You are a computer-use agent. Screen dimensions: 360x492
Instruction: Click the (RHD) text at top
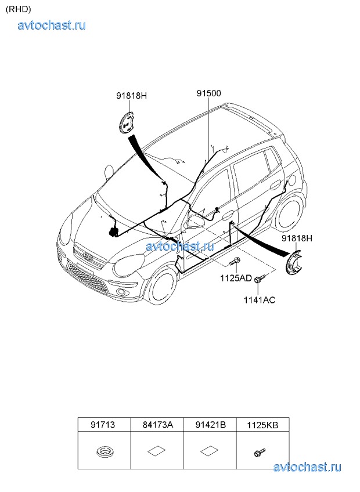click(x=18, y=9)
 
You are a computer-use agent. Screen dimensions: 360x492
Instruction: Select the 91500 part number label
click(x=209, y=93)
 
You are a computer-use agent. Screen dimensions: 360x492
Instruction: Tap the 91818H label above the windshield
click(x=131, y=96)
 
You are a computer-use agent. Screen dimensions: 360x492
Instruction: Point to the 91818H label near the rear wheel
click(x=297, y=238)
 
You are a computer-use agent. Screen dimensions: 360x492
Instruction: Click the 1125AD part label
click(x=236, y=278)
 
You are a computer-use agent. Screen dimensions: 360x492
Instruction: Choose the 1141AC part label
click(x=260, y=300)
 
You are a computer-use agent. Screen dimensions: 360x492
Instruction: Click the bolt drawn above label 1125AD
click(x=235, y=261)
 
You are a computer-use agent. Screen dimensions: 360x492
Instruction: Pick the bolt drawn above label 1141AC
click(x=260, y=278)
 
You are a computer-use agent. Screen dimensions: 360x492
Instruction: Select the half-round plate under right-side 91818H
click(x=293, y=263)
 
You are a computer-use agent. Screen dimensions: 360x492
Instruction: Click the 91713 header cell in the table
click(x=104, y=425)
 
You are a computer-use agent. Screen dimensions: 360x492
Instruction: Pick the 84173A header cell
click(x=157, y=425)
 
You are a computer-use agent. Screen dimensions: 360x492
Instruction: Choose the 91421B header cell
click(x=210, y=425)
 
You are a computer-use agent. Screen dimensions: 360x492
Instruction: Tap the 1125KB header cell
click(x=262, y=425)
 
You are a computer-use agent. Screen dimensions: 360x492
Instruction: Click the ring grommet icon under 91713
click(x=104, y=452)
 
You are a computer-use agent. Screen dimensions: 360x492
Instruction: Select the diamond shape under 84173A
click(x=156, y=451)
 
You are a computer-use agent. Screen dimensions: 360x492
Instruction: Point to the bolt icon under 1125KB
click(x=260, y=452)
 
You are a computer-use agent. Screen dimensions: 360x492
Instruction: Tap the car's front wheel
click(x=163, y=287)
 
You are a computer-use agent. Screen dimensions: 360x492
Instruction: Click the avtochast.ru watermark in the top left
click(x=52, y=25)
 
